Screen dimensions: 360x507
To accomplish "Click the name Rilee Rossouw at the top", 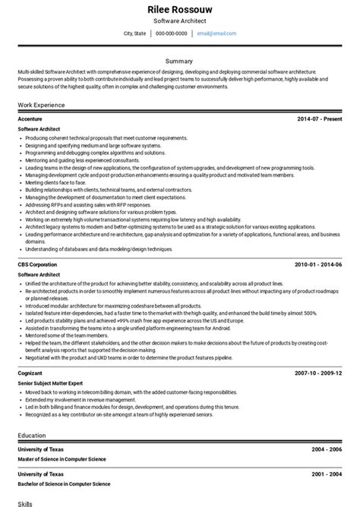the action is click(x=179, y=8).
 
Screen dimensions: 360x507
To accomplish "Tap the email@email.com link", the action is click(x=216, y=33).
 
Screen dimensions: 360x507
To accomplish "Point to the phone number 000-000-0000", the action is click(x=172, y=33).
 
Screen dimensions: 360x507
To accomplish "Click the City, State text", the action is click(x=135, y=33).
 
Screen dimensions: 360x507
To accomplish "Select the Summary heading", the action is click(x=179, y=61).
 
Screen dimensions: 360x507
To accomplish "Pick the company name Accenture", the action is click(x=30, y=119).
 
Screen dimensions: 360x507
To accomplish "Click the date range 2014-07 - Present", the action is click(x=321, y=119).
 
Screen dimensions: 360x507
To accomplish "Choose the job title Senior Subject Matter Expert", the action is click(x=50, y=383).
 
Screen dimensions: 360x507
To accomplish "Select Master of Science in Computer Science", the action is click(x=62, y=459).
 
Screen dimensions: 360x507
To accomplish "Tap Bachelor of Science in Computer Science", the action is click(x=63, y=483).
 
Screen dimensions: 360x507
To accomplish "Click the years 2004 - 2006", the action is click(x=327, y=449).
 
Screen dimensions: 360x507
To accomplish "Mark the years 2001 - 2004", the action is click(x=327, y=474).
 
